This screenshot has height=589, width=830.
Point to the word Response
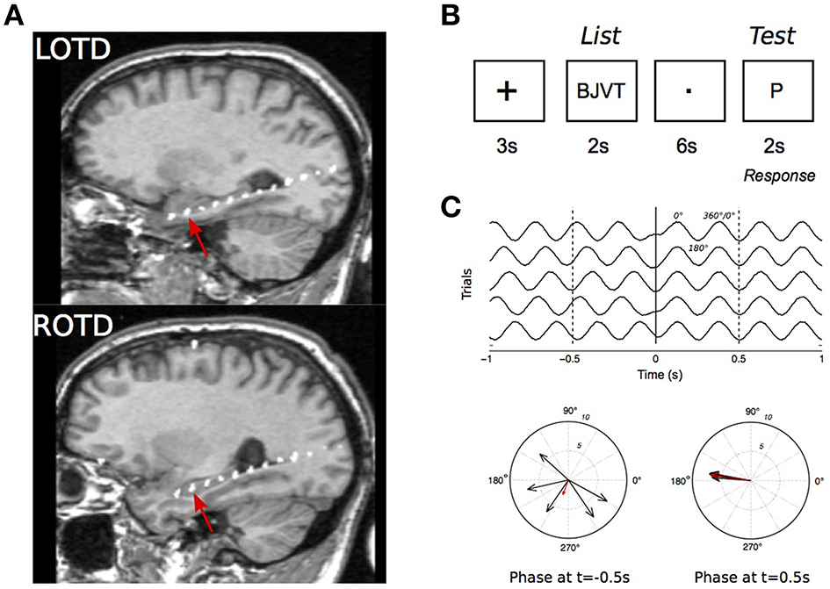tap(778, 176)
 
